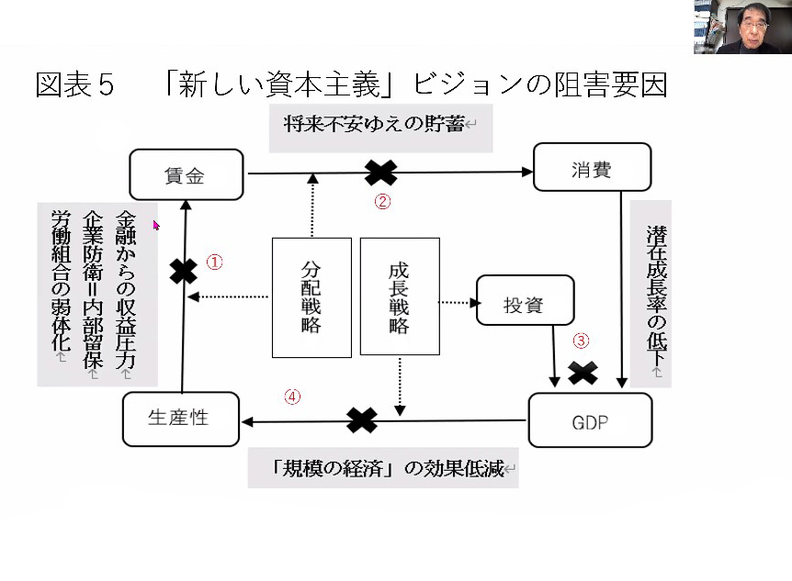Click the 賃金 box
[187, 174]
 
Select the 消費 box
[592, 167]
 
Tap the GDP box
[590, 420]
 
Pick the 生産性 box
[181, 419]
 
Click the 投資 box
[526, 300]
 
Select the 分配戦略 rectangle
[311, 297]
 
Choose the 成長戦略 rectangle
[400, 296]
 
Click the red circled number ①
[214, 262]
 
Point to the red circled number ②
[382, 201]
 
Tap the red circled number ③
[581, 341]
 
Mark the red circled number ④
[292, 397]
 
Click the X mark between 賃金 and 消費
[381, 173]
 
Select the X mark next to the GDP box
[583, 373]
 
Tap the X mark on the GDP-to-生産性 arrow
[362, 420]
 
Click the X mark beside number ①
[184, 272]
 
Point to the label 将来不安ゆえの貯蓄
[374, 124]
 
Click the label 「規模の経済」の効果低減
[388, 468]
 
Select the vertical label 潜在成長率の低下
[657, 294]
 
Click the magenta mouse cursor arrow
[156, 225]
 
